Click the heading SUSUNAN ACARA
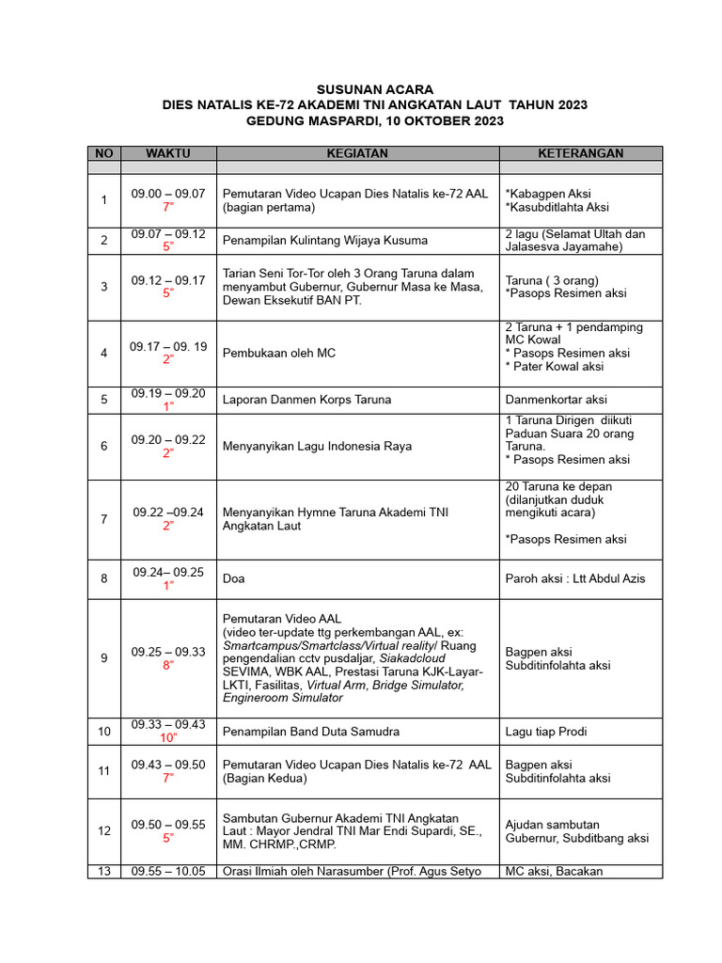pyautogui.click(x=374, y=89)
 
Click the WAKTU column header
pyautogui.click(x=168, y=153)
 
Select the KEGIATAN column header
pyautogui.click(x=356, y=153)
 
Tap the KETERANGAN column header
pyautogui.click(x=580, y=153)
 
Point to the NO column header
pyautogui.click(x=103, y=153)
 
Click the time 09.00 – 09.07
pyautogui.click(x=168, y=193)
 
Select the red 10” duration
pyautogui.click(x=168, y=737)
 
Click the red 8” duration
pyautogui.click(x=168, y=665)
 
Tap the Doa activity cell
pyautogui.click(x=233, y=578)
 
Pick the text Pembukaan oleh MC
pyautogui.click(x=279, y=353)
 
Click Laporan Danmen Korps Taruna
pyautogui.click(x=306, y=400)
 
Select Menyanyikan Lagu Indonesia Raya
pyautogui.click(x=317, y=446)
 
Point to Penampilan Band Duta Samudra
pyautogui.click(x=311, y=731)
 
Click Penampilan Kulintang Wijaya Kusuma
pyautogui.click(x=325, y=240)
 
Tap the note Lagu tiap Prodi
pyautogui.click(x=545, y=731)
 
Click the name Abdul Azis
pyautogui.click(x=617, y=578)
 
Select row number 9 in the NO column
pyautogui.click(x=103, y=658)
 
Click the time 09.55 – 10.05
pyautogui.click(x=168, y=871)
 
